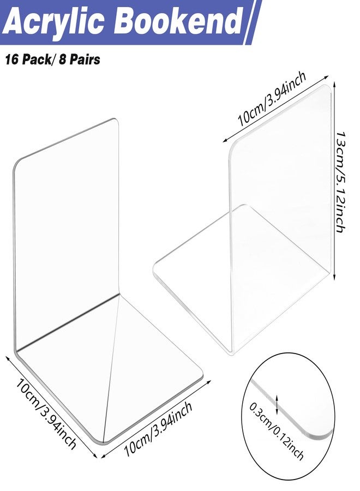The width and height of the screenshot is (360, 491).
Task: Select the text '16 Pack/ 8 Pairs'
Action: [52, 59]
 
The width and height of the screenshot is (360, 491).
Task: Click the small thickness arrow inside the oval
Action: [277, 404]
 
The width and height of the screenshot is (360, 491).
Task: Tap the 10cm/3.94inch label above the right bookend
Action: [272, 99]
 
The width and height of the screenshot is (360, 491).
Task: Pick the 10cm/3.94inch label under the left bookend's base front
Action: [158, 429]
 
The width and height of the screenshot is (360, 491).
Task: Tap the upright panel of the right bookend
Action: [280, 200]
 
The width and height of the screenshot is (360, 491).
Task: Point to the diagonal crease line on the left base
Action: [111, 369]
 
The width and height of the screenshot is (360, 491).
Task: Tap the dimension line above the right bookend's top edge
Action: [275, 109]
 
